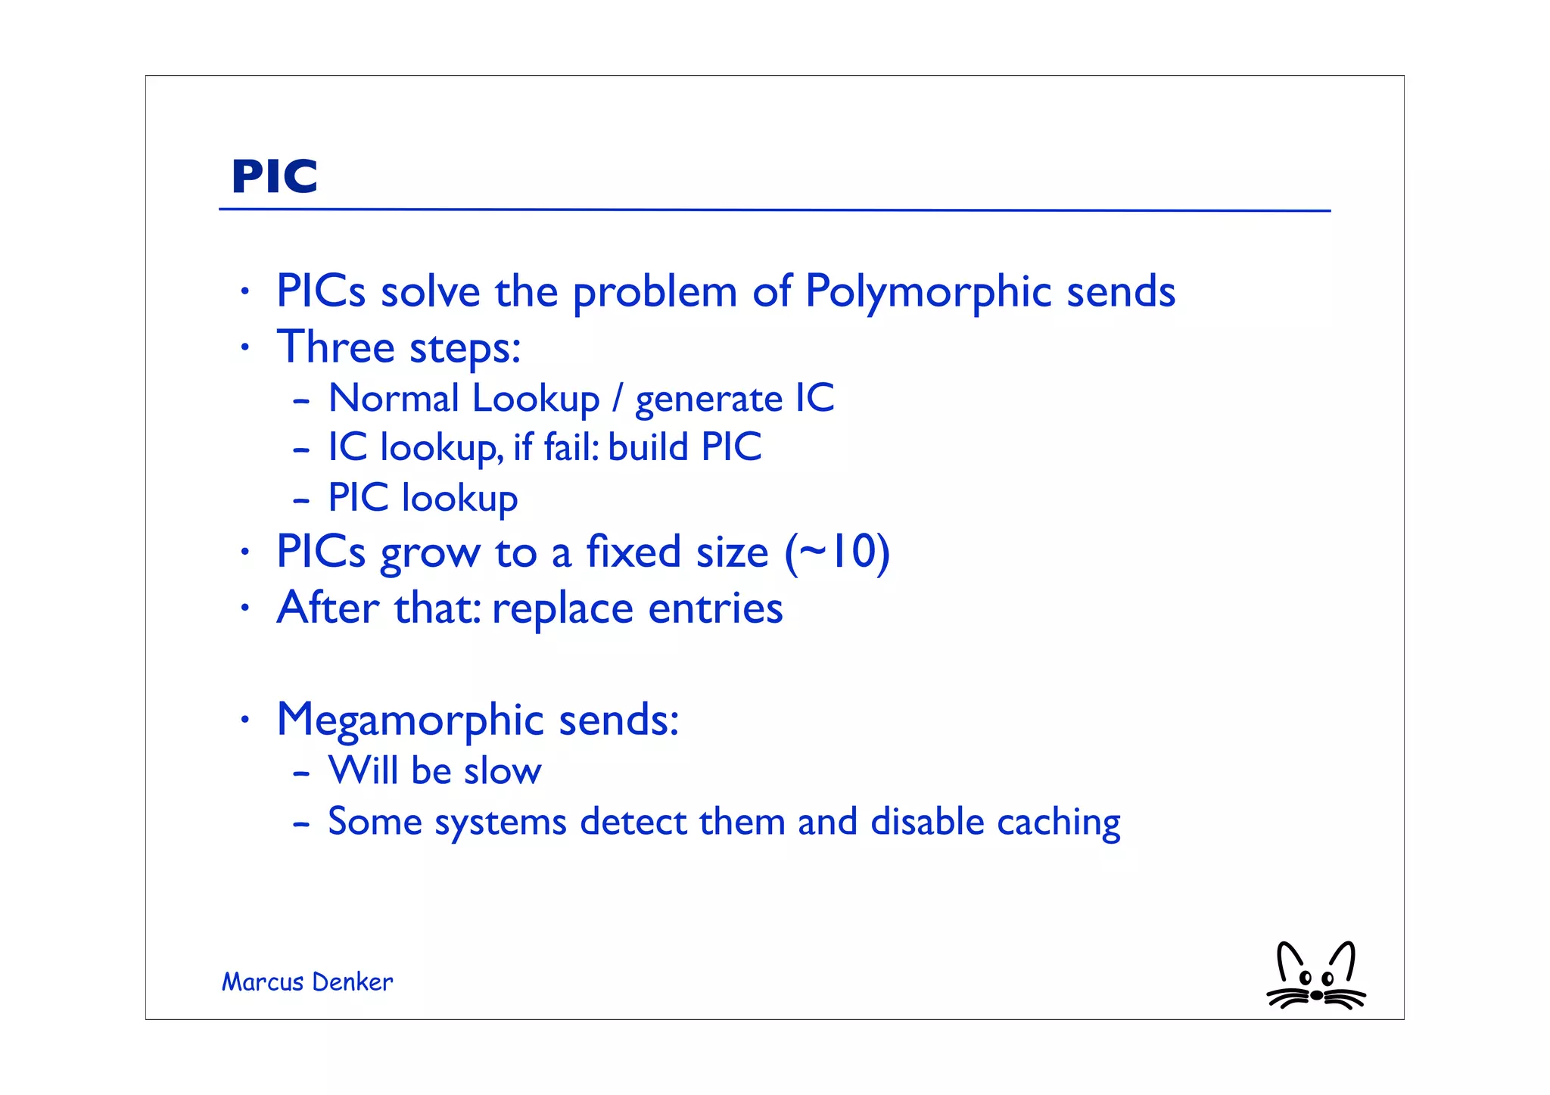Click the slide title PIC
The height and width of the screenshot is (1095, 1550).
tap(274, 177)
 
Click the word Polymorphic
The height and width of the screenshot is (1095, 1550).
tap(928, 292)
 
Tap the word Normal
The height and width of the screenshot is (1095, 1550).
tap(394, 399)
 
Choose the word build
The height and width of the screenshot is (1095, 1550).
tap(648, 446)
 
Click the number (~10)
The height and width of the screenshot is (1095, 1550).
tap(837, 552)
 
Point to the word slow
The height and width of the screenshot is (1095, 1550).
tap(503, 771)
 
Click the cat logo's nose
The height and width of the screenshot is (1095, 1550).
tap(1317, 995)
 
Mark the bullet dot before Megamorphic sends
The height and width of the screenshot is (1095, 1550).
tap(244, 720)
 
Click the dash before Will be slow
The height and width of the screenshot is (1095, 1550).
tap(301, 773)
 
